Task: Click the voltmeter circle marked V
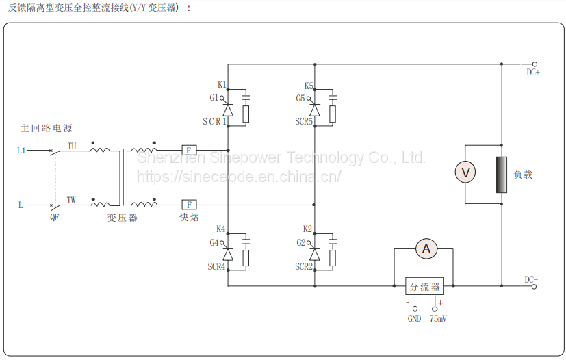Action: (x=465, y=173)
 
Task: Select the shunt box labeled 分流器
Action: (x=424, y=287)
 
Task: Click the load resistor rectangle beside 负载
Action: (x=502, y=175)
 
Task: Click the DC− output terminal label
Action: (x=531, y=279)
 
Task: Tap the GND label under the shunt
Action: (x=414, y=319)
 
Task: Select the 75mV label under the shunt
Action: (x=438, y=319)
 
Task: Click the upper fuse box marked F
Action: (x=189, y=150)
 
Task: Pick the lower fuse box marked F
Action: (x=189, y=204)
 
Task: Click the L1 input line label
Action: (x=21, y=150)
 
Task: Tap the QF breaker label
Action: (x=55, y=218)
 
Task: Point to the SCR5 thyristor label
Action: (x=304, y=122)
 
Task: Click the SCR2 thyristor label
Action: (x=304, y=266)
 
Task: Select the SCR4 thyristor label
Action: (x=216, y=266)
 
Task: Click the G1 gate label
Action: (x=214, y=98)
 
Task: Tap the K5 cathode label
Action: (x=309, y=86)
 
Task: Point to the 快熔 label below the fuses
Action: (x=189, y=218)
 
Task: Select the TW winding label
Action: (x=71, y=200)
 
